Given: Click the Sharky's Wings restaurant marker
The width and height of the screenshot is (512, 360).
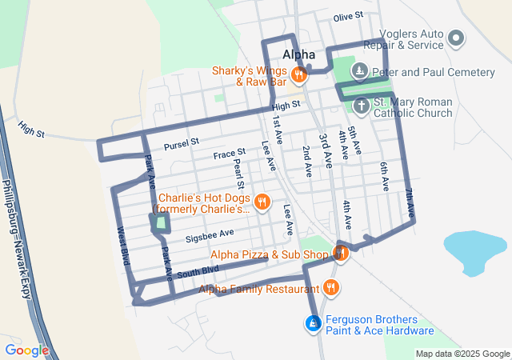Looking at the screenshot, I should (298, 76).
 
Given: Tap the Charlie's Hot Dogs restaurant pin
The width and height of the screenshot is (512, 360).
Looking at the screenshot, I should (261, 203).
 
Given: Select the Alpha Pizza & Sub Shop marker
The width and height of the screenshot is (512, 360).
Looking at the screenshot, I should (340, 254).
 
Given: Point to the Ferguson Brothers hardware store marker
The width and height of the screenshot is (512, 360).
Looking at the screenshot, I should (314, 324).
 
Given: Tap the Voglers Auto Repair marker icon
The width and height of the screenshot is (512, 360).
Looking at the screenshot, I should (456, 38).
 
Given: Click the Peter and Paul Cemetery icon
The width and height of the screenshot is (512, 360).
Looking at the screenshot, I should (361, 72).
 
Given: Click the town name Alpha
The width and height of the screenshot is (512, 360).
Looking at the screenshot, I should (299, 54).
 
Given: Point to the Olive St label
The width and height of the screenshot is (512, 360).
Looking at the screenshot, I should (348, 17).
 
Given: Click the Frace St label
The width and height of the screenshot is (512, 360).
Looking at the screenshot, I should (230, 154).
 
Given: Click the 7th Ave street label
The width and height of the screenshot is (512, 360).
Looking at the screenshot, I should (409, 199).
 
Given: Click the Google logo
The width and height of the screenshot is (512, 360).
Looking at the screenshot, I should (26, 350).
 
